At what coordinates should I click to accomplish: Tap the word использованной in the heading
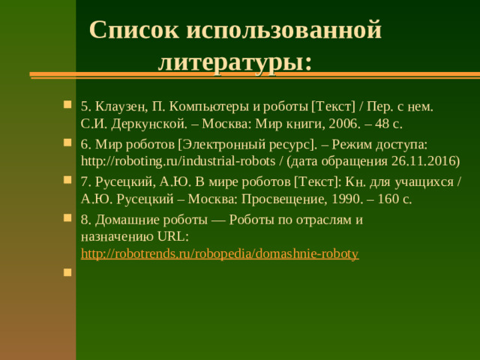click(283, 30)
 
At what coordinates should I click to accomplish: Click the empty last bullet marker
click(67, 274)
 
